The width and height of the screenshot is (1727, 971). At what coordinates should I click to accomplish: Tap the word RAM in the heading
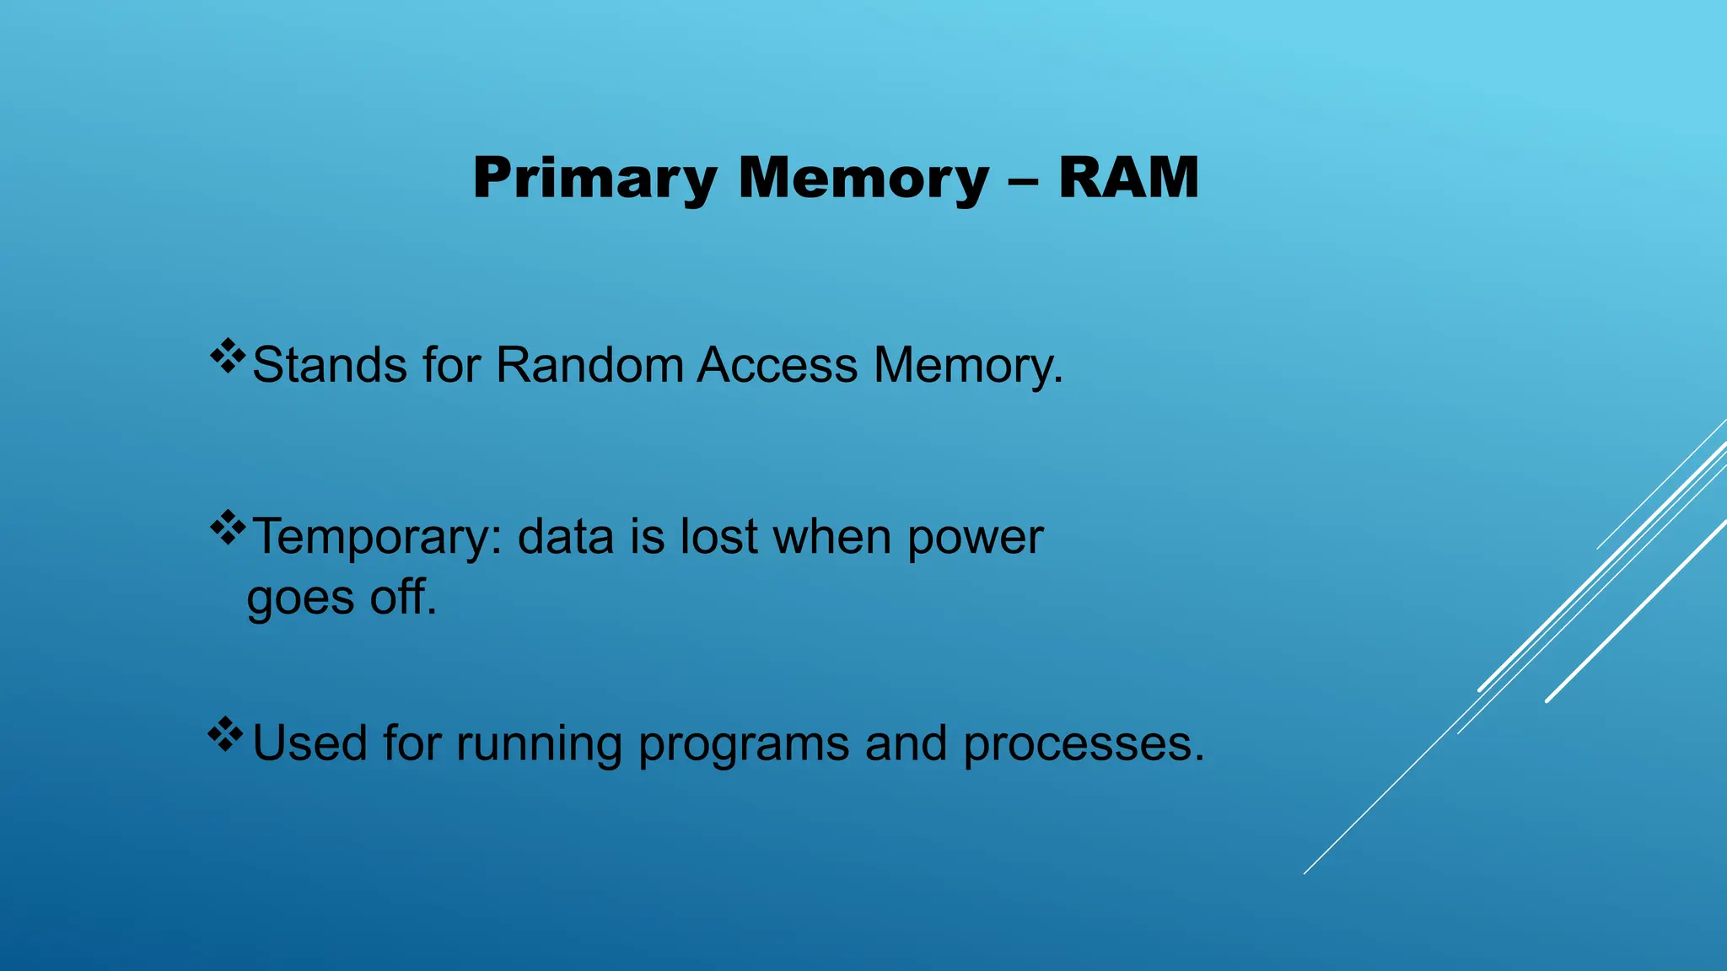(1128, 179)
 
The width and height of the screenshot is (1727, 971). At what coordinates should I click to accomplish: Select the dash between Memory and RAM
(1023, 180)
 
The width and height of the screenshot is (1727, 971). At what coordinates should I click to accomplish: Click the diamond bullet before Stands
(227, 356)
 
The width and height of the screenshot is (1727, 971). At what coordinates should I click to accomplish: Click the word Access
(777, 366)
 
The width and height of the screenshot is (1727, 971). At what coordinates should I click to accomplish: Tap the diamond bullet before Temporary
(227, 528)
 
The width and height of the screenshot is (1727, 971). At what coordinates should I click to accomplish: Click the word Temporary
(377, 538)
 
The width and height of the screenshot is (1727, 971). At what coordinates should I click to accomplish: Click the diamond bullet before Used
(225, 734)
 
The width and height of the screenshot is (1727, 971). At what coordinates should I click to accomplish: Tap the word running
(539, 745)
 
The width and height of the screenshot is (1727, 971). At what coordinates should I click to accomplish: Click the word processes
(1084, 745)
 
